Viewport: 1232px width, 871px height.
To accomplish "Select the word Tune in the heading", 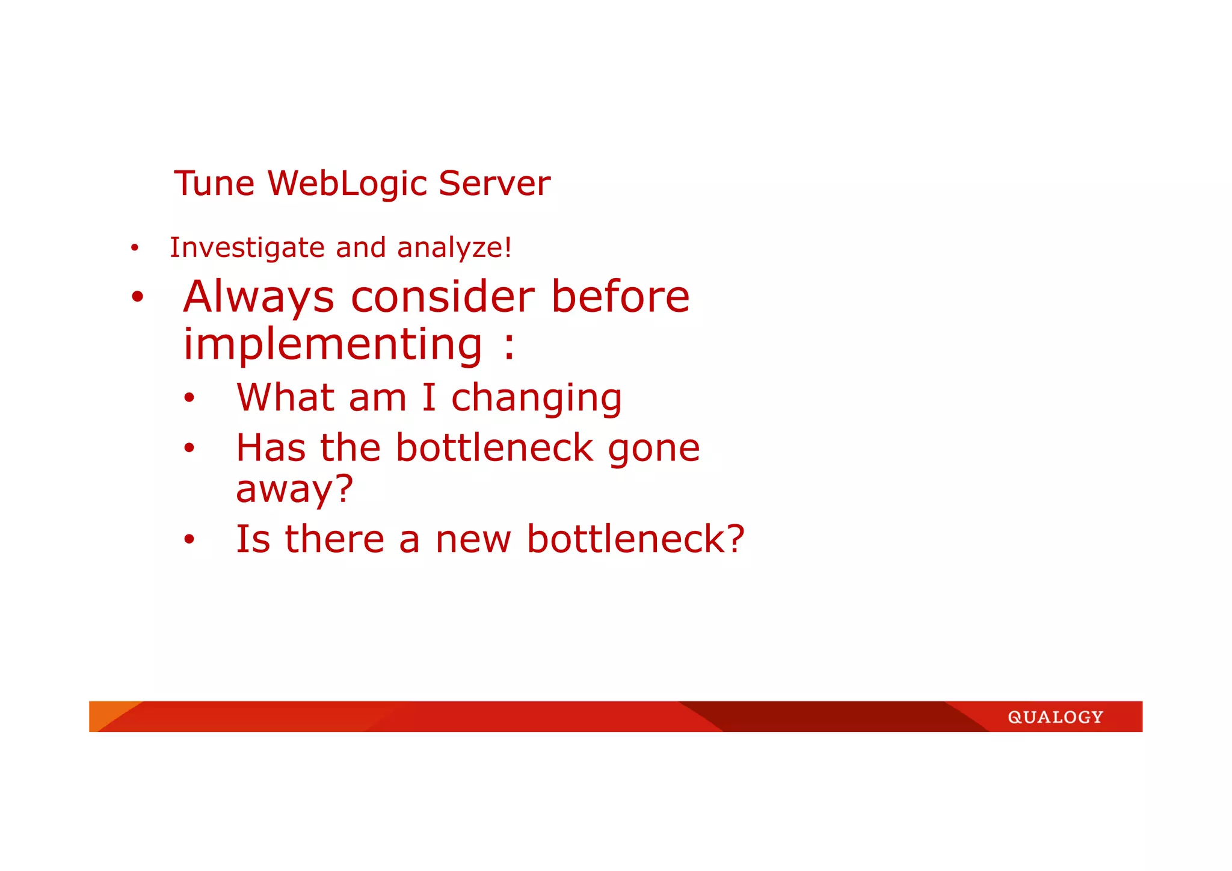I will coord(214,183).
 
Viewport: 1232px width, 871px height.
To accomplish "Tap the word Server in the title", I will coord(494,183).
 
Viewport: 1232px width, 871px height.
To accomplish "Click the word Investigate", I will coord(247,248).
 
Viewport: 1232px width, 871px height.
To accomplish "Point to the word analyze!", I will coord(454,248).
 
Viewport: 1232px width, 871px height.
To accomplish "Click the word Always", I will coord(259,297).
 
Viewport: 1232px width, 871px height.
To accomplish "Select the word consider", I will coord(442,297).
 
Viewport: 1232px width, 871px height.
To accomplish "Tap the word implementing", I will coord(333,345).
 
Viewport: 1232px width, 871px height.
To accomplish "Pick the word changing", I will coord(537,399).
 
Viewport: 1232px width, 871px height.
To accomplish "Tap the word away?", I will coord(294,489).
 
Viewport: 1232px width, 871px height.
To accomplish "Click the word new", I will coord(473,539).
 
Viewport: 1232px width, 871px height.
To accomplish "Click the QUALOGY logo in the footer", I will coord(1055,717).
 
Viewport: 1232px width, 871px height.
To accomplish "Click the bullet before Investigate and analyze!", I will coord(135,248).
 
